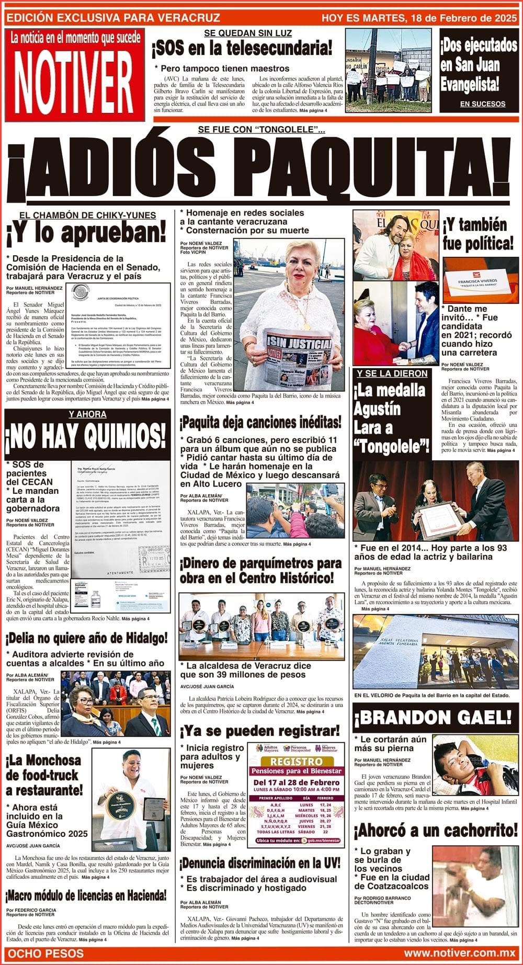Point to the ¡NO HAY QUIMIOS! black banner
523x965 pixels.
pos(87,434)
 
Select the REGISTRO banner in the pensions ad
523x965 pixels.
pos(296,762)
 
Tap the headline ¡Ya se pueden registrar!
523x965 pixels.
pos(260,731)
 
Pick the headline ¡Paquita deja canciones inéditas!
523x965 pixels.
pos(260,422)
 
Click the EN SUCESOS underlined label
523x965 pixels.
pos(482,104)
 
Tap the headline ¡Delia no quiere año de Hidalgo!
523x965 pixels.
pos(87,638)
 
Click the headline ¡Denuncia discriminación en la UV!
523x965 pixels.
pos(260,862)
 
